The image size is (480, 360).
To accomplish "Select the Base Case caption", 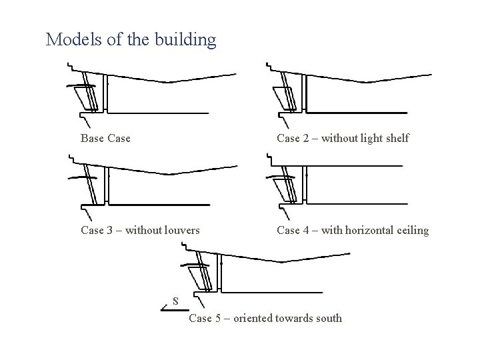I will pyautogui.click(x=105, y=139).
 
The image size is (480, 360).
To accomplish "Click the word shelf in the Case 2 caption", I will pyautogui.click(x=395, y=139).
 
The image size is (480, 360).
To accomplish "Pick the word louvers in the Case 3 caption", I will pyautogui.click(x=179, y=231).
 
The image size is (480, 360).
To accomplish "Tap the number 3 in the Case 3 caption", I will pyautogui.click(x=110, y=231).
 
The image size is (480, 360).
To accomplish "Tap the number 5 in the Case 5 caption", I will pyautogui.click(x=219, y=318).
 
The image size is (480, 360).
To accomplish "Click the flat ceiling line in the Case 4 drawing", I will pyautogui.click(x=353, y=166).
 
